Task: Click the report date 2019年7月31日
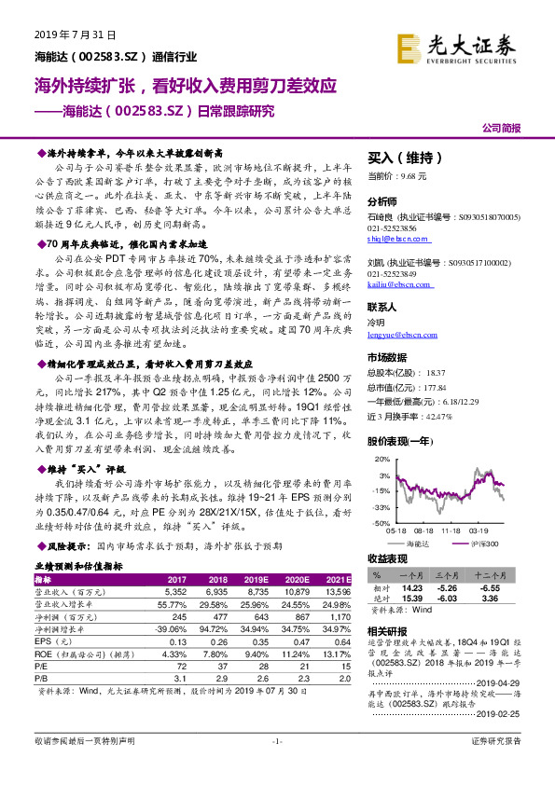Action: tap(76, 32)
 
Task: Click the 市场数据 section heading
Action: tap(387, 357)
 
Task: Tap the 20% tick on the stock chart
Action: tap(380, 460)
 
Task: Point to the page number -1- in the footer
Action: tap(277, 767)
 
